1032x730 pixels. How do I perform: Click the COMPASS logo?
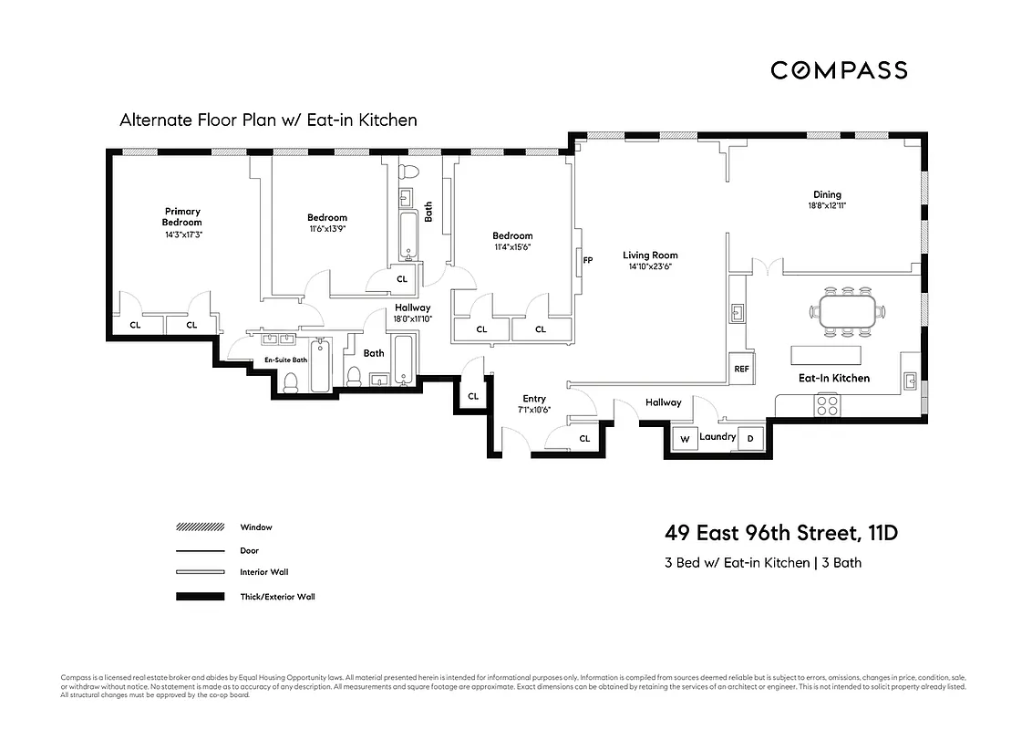coord(839,70)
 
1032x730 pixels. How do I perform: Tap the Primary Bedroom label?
coord(182,217)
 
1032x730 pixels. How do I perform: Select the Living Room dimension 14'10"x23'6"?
coord(650,267)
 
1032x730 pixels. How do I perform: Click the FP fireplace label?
coord(588,260)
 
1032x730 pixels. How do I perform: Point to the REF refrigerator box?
coord(741,370)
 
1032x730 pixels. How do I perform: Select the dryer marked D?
coord(751,439)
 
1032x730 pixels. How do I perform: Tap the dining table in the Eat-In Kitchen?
coord(847,311)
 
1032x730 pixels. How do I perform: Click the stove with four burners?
coord(828,405)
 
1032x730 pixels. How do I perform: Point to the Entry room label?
coord(534,399)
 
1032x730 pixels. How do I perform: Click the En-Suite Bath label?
coord(285,360)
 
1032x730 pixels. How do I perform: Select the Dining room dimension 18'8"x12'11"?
coord(827,206)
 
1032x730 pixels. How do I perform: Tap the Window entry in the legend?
coord(255,527)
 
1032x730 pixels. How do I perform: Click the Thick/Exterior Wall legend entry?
coord(277,597)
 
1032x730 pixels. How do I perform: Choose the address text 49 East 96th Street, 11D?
coord(780,533)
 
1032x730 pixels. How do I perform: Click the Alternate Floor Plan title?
coord(269,120)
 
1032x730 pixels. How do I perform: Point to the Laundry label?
coord(717,437)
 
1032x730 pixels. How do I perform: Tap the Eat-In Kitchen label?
coord(833,378)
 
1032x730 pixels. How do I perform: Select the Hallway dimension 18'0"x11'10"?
coord(412,319)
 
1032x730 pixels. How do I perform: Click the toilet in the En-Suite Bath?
coord(291,383)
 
